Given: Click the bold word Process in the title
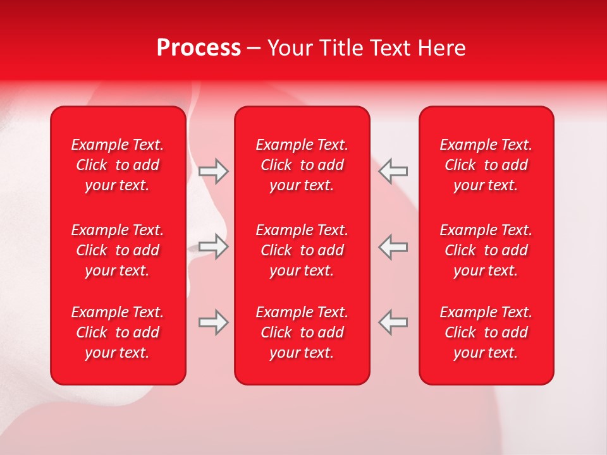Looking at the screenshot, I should [199, 48].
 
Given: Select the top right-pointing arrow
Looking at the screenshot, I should [214, 171].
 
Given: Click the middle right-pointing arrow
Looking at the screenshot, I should [214, 246].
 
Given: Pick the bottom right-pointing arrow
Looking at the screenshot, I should [214, 322].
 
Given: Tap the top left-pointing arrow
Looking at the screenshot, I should [393, 171].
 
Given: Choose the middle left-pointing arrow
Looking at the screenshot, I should [393, 246].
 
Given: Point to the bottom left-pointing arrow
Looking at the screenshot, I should [393, 322].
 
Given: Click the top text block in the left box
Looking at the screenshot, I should [118, 165].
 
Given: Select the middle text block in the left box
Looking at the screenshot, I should [118, 250].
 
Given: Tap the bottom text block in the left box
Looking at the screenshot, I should [118, 332].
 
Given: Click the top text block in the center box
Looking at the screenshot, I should [302, 165].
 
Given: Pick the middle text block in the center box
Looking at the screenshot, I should [302, 250].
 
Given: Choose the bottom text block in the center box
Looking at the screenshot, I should [302, 332].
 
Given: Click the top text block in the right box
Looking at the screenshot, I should [486, 165].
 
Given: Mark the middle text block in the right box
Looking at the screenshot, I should [486, 250].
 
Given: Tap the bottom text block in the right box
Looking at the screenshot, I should [486, 332].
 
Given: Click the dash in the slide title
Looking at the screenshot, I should [254, 49].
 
